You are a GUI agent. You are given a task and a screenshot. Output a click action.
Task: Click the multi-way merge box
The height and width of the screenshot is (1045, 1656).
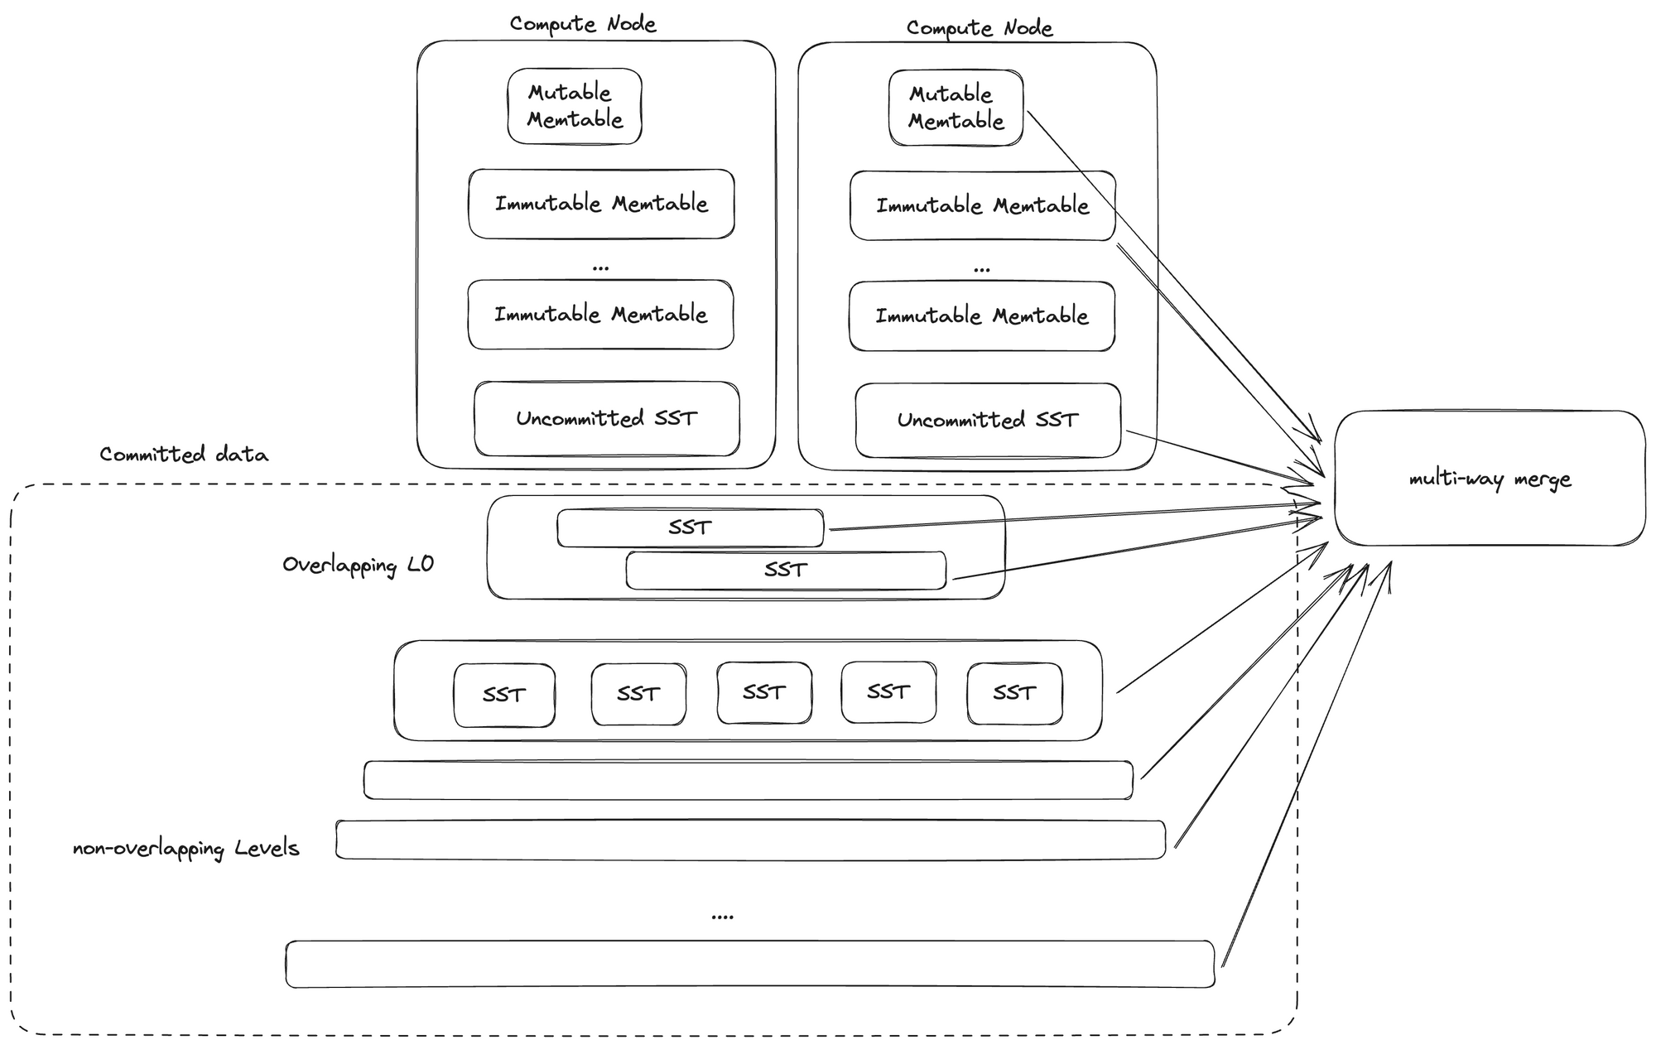tap(1489, 479)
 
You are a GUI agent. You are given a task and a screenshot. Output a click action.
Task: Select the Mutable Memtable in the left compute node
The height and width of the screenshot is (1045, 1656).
tap(575, 106)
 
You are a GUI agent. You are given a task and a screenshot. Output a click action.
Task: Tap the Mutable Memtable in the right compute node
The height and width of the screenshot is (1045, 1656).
tap(956, 108)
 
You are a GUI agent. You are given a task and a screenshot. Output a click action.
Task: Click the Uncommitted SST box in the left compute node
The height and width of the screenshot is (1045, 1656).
tap(606, 418)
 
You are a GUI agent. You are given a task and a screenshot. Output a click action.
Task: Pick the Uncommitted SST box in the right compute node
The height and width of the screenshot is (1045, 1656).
tap(987, 420)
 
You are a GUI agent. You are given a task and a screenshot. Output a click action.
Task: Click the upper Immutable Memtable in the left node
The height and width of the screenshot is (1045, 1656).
tap(601, 204)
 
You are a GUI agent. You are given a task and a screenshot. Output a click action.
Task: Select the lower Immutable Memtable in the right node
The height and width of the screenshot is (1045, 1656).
tap(982, 315)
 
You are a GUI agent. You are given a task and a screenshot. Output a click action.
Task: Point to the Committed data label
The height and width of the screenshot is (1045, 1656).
tap(184, 455)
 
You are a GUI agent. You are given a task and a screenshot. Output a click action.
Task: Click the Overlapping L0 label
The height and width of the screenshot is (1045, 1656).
tap(358, 566)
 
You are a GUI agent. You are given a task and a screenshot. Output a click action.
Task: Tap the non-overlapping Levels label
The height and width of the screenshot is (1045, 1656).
tap(185, 849)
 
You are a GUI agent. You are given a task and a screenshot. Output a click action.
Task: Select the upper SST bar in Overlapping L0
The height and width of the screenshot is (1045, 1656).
tap(690, 527)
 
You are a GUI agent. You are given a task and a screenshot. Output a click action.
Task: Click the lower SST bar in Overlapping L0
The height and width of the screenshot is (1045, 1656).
tap(785, 570)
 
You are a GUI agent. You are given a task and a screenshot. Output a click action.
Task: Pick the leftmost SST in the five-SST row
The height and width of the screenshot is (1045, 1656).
tap(503, 695)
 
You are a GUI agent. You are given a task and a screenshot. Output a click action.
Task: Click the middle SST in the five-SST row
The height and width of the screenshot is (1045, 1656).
tap(763, 692)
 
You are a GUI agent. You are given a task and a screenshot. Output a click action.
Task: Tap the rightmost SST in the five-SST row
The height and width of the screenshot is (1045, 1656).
tap(1014, 693)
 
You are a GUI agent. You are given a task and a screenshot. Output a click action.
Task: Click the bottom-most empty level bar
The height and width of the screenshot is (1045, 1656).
tap(749, 964)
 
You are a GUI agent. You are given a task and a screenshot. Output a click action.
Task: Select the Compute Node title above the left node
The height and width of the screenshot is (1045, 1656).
tap(583, 24)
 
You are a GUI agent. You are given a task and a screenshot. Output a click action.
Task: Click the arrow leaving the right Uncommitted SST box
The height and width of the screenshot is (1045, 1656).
tap(1217, 455)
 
